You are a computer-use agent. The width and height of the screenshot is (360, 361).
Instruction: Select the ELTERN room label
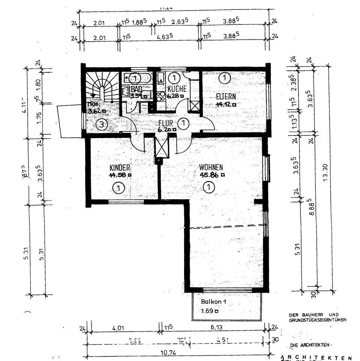226,96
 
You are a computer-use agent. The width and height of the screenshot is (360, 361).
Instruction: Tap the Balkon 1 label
214,302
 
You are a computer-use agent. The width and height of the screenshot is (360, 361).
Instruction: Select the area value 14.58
118,174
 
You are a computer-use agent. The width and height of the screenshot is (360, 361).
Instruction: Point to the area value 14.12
224,105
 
